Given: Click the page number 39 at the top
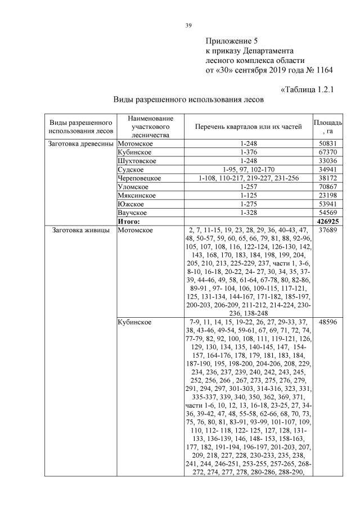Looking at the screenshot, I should click(x=188, y=24).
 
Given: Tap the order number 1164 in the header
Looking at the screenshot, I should click(x=323, y=70).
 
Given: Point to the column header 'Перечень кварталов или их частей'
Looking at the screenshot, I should click(x=248, y=127).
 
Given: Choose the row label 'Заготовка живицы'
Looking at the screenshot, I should click(x=79, y=230).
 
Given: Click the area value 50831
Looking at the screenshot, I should click(x=327, y=144).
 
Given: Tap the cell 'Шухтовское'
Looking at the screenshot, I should click(x=137, y=161).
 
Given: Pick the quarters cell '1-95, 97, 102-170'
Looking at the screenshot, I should click(x=248, y=169).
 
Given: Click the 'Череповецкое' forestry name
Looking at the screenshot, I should click(x=139, y=178).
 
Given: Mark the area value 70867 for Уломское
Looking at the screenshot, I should click(x=327, y=187).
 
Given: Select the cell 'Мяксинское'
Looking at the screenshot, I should click(x=137, y=195).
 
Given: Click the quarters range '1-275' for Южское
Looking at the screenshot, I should click(x=248, y=204).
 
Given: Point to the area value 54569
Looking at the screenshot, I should click(x=327, y=213).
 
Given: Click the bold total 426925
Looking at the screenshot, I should click(x=327, y=222).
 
